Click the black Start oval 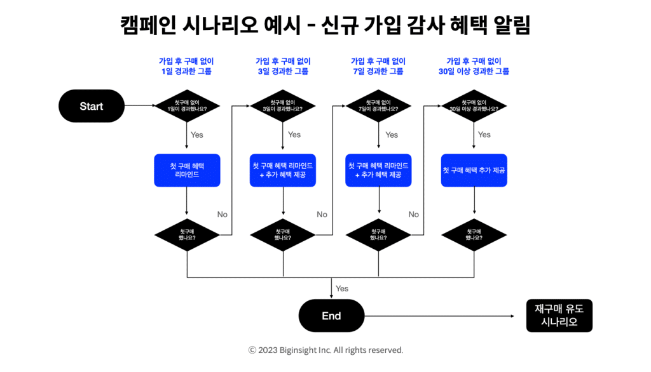coord(92,106)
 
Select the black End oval coord(331,316)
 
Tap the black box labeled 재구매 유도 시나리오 coord(559,316)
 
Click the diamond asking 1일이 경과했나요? coord(187,106)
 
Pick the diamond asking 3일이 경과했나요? coord(283,106)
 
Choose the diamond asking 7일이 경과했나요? coord(378,106)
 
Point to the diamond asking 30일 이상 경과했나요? coord(474,106)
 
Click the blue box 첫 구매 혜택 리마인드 coord(187,171)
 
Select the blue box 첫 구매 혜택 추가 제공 coord(474,171)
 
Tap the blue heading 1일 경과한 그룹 coord(186,71)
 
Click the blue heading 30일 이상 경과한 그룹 coord(474,71)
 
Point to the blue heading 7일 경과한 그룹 coord(378,71)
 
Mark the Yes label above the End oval coord(341,288)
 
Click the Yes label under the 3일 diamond coord(294,135)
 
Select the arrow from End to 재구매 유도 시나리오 coord(439,316)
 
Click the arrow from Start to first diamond coord(140,105)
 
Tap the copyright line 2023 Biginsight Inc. coord(325,350)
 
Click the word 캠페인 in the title coord(147,25)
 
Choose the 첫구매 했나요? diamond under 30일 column coord(474,235)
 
